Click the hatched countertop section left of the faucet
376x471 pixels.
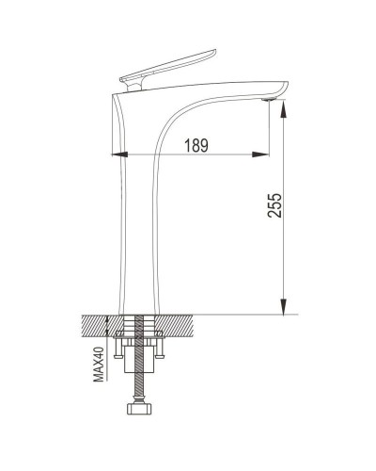point(96,326)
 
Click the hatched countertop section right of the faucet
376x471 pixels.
point(179,326)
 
